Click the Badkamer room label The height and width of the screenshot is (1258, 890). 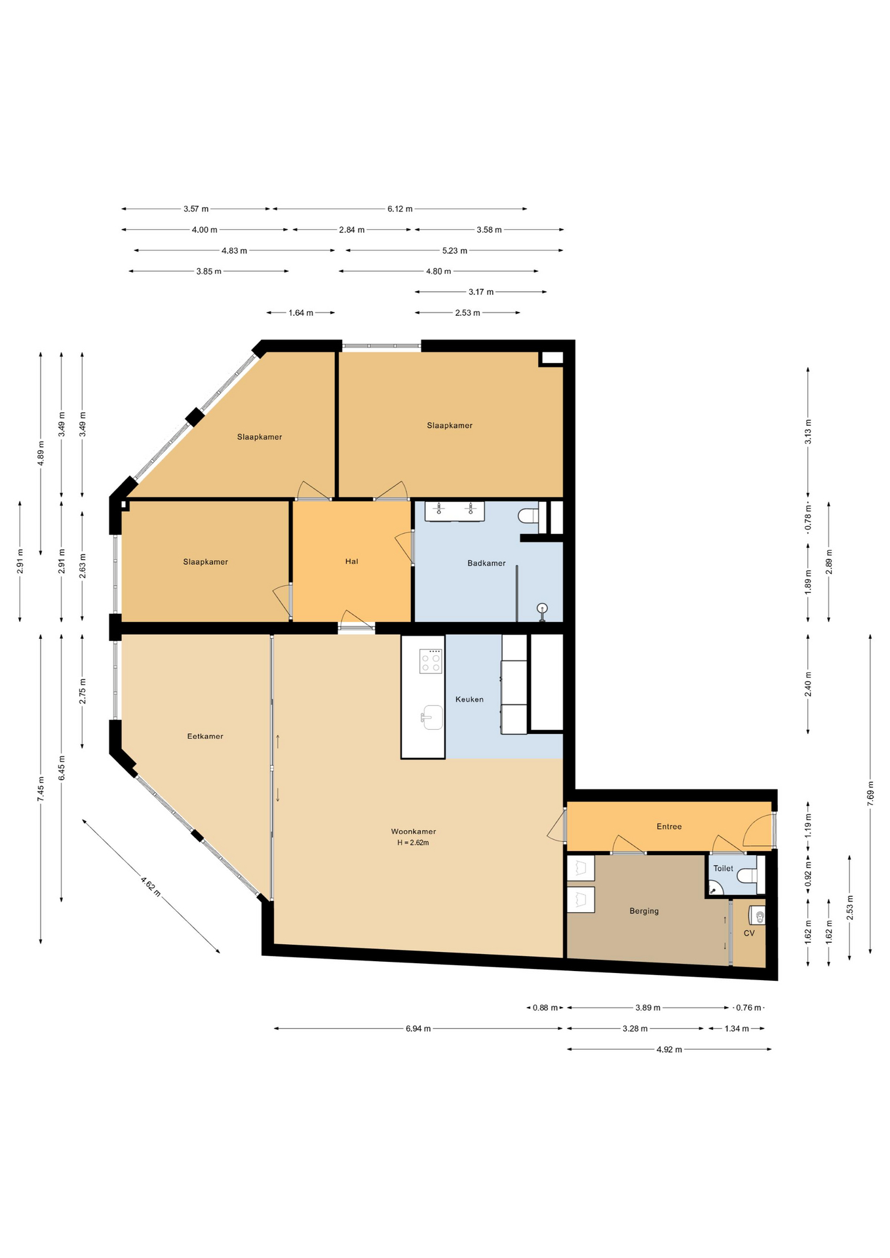[486, 563]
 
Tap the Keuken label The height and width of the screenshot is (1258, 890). [469, 699]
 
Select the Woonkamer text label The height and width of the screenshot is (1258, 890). [414, 831]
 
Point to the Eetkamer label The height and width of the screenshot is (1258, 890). [205, 736]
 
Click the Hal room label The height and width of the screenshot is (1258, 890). [352, 561]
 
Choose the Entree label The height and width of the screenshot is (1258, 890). [669, 826]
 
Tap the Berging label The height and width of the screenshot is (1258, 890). [644, 911]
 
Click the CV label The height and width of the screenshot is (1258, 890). [749, 933]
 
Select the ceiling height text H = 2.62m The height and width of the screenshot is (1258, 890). [413, 843]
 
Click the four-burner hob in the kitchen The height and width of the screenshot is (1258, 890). [431, 661]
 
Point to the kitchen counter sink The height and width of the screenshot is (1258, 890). [432, 717]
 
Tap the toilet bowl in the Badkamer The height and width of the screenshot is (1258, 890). [528, 516]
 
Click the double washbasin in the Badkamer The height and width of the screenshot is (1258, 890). [455, 511]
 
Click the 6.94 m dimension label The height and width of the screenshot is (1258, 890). [418, 1029]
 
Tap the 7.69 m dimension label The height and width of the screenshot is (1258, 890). [870, 793]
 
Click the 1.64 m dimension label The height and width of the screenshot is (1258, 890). [301, 313]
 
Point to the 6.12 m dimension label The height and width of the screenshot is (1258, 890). [400, 209]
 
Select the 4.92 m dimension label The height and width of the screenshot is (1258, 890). [669, 1050]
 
